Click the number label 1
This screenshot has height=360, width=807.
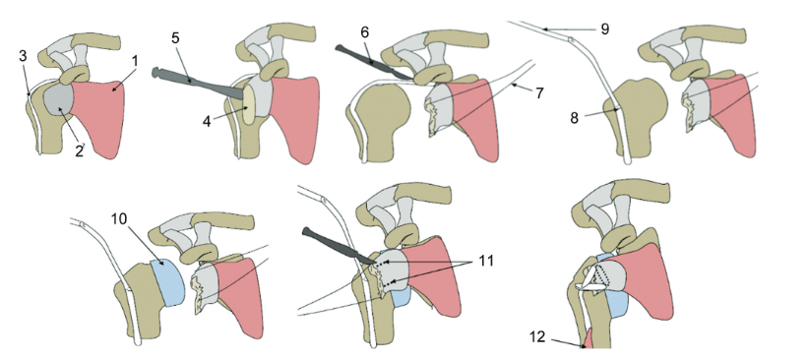click(135, 61)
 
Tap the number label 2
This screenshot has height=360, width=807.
click(79, 150)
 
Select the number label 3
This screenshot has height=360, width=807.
click(23, 56)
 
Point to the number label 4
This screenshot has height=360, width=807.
click(207, 122)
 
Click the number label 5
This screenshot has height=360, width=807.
click(174, 38)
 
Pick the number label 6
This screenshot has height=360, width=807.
click(365, 31)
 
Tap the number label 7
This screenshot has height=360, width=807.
click(539, 92)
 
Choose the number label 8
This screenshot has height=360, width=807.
click(574, 118)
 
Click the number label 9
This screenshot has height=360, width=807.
click(604, 29)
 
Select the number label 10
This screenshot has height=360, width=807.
click(118, 218)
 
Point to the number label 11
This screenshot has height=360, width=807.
click(486, 261)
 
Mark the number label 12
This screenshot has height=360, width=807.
click(537, 336)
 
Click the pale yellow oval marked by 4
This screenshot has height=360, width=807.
click(248, 105)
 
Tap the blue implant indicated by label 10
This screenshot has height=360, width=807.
click(167, 282)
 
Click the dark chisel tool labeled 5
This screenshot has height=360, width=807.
click(198, 84)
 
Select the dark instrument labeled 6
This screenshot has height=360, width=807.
click(374, 63)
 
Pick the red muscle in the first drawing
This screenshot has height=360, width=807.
click(99, 117)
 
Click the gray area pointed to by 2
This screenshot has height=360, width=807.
click(58, 104)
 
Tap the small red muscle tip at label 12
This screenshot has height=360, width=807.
click(588, 339)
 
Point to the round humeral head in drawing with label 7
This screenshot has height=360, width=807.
click(384, 110)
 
